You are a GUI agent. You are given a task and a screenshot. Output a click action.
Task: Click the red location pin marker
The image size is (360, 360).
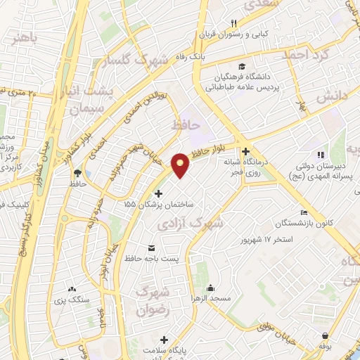[181, 165]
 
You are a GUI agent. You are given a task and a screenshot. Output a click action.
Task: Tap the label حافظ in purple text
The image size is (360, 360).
[186, 124]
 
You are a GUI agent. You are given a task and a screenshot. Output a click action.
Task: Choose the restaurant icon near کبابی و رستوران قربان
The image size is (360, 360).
[224, 24]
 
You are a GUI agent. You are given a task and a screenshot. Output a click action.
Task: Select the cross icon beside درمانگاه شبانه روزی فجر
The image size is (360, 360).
[245, 152]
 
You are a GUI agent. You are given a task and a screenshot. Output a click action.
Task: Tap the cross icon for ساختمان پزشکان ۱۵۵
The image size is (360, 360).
[158, 193]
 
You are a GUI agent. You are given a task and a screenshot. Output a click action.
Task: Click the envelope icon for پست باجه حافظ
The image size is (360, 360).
[151, 247]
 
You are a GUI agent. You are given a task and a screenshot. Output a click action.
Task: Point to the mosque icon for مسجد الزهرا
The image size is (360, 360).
[210, 288]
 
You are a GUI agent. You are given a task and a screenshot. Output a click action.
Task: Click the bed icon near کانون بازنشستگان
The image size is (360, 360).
[303, 212]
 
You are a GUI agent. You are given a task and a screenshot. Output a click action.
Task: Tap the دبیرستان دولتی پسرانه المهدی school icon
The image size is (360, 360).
[321, 155]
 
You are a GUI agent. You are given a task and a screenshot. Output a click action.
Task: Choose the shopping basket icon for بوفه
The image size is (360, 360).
[325, 336]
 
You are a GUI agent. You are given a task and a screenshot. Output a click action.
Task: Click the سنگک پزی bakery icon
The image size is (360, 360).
[72, 288]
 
